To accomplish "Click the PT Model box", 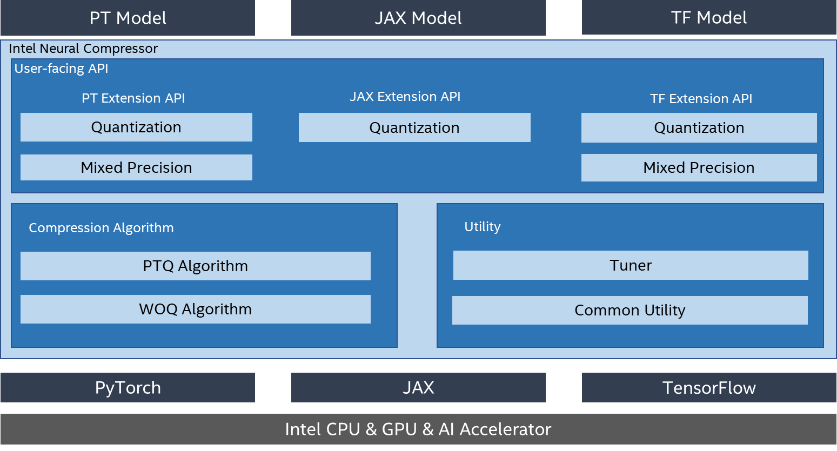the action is [128, 18].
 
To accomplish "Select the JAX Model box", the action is [418, 18].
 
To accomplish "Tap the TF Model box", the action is [709, 17].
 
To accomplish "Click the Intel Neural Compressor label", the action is [83, 49].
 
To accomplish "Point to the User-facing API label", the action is [61, 69].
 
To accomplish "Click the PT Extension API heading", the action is [133, 98].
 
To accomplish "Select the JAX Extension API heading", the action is [405, 96].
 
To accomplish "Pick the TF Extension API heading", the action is [701, 99].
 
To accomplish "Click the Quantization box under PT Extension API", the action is [136, 127].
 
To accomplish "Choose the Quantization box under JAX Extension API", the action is [414, 127].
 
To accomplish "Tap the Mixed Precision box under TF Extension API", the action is [699, 168].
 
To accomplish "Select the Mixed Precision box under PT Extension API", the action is [136, 167].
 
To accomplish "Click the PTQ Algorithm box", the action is [196, 266].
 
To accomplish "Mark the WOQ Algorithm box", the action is [196, 309].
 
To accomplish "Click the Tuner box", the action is [631, 265].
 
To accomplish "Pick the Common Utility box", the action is [630, 310].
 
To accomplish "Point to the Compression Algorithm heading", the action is [101, 227].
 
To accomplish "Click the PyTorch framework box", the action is [128, 387].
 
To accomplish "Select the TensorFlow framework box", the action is [709, 387].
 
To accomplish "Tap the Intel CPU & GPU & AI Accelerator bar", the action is [418, 429].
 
